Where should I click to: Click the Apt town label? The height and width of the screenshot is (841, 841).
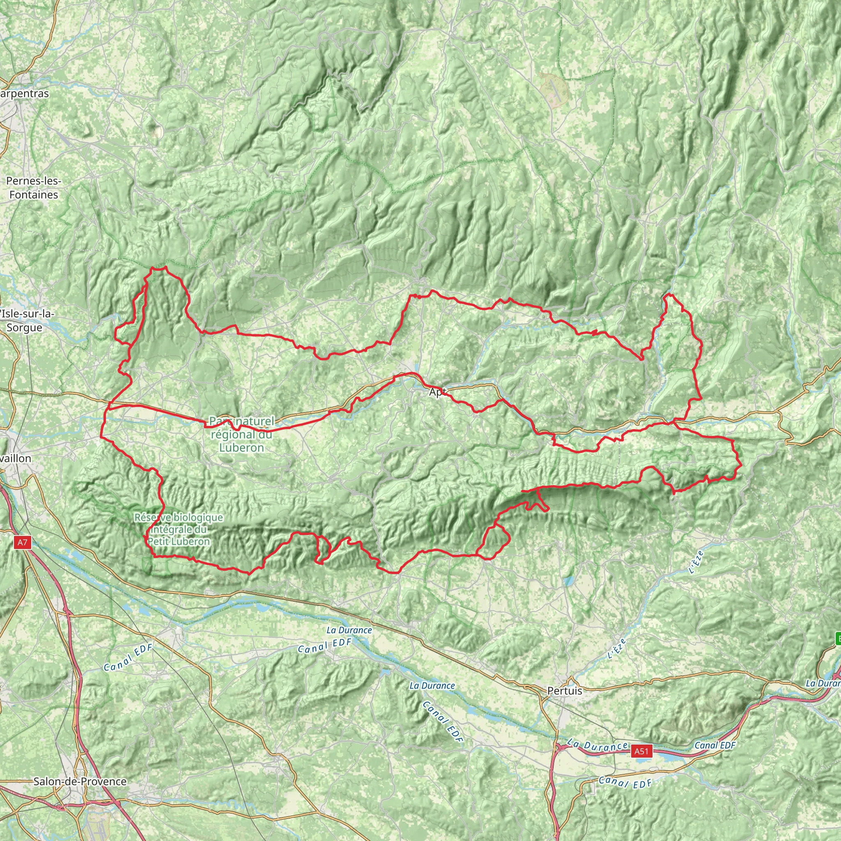coord(437,392)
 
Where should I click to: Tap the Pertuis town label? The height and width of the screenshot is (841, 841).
coord(565,690)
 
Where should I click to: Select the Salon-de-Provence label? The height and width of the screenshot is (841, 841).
coord(80,781)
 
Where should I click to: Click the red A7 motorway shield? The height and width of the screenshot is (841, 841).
coord(23,542)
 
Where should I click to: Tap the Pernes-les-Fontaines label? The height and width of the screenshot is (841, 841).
coord(34,188)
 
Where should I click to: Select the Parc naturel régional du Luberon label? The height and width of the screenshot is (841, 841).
coord(241,434)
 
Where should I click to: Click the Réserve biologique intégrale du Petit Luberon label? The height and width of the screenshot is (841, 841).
coord(179,529)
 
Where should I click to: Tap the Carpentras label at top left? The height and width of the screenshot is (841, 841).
coord(24,94)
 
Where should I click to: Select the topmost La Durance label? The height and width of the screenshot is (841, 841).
coord(349,630)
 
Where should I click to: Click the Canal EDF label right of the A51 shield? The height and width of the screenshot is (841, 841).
coord(715,745)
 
